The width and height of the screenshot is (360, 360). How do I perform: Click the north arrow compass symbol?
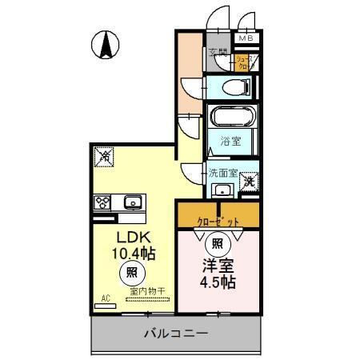106,44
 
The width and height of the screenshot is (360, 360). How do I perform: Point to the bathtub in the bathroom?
232,118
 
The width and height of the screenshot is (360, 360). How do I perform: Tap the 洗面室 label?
223,172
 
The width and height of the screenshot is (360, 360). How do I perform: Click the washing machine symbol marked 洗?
250,182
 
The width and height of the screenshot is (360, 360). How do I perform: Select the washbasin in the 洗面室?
222,190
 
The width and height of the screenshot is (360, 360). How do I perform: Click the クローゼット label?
218,218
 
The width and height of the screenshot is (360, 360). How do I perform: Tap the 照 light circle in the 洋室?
216,241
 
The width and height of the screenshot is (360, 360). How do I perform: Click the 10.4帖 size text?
134,254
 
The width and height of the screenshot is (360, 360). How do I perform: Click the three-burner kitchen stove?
104,202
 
